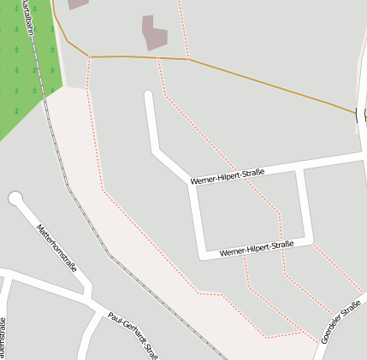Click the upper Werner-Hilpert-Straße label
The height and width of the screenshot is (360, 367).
(227, 175)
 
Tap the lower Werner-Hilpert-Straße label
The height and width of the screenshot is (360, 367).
(257, 249)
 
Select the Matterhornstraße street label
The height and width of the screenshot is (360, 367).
(56, 247)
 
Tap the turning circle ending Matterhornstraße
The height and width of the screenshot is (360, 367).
(15, 199)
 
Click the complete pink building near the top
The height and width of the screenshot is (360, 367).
(154, 32)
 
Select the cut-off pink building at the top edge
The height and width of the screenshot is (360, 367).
(77, 3)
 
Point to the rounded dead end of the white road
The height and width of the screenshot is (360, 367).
(149, 96)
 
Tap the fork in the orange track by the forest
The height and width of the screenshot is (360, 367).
(89, 57)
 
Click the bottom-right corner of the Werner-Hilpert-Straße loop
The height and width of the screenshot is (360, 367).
(308, 242)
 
